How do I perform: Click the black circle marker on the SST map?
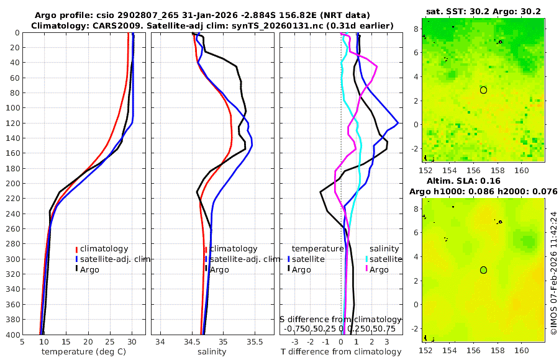(x=483, y=90)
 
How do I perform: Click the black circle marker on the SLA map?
(x=483, y=270)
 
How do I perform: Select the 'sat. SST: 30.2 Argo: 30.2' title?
(x=483, y=11)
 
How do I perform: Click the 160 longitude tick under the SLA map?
(x=520, y=352)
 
